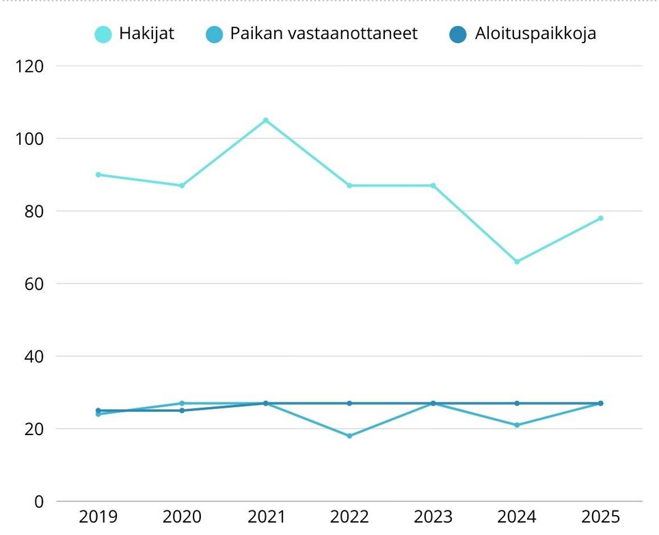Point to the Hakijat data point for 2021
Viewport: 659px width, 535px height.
click(266, 120)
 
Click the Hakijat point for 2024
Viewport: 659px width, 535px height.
click(517, 261)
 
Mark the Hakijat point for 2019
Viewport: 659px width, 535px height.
click(98, 174)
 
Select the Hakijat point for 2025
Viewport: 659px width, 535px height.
click(601, 218)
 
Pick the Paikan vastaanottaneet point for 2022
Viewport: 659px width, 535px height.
click(349, 436)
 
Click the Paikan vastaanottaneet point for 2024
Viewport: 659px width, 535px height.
click(517, 425)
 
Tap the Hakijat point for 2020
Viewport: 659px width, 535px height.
click(182, 185)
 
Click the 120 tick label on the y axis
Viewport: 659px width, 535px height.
click(29, 66)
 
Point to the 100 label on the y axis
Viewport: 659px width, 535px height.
click(29, 139)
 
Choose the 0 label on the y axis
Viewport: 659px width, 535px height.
click(38, 501)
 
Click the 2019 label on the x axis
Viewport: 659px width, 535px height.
click(98, 517)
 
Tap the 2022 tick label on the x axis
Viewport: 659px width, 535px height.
click(349, 517)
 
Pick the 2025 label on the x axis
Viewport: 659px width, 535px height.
click(600, 517)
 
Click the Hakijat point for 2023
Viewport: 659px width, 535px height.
click(433, 185)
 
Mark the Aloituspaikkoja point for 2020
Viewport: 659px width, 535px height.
click(182, 410)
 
